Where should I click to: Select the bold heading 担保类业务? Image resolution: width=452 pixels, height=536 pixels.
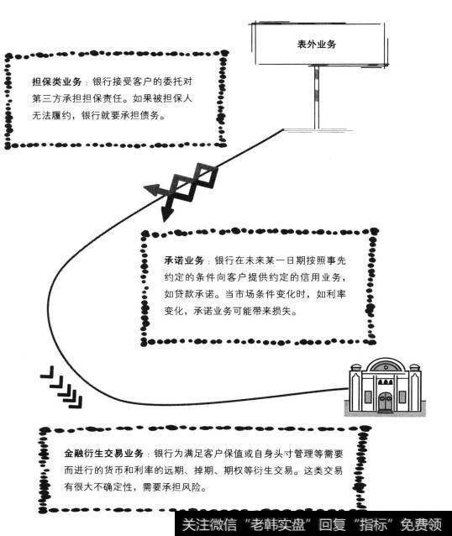(x=56, y=82)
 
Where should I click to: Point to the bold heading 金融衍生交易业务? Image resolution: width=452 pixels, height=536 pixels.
(x=103, y=454)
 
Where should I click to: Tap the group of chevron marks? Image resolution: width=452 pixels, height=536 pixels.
(x=61, y=387)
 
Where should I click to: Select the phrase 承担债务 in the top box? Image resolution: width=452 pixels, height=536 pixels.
(x=149, y=116)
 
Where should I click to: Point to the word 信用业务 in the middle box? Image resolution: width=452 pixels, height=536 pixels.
(x=313, y=278)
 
